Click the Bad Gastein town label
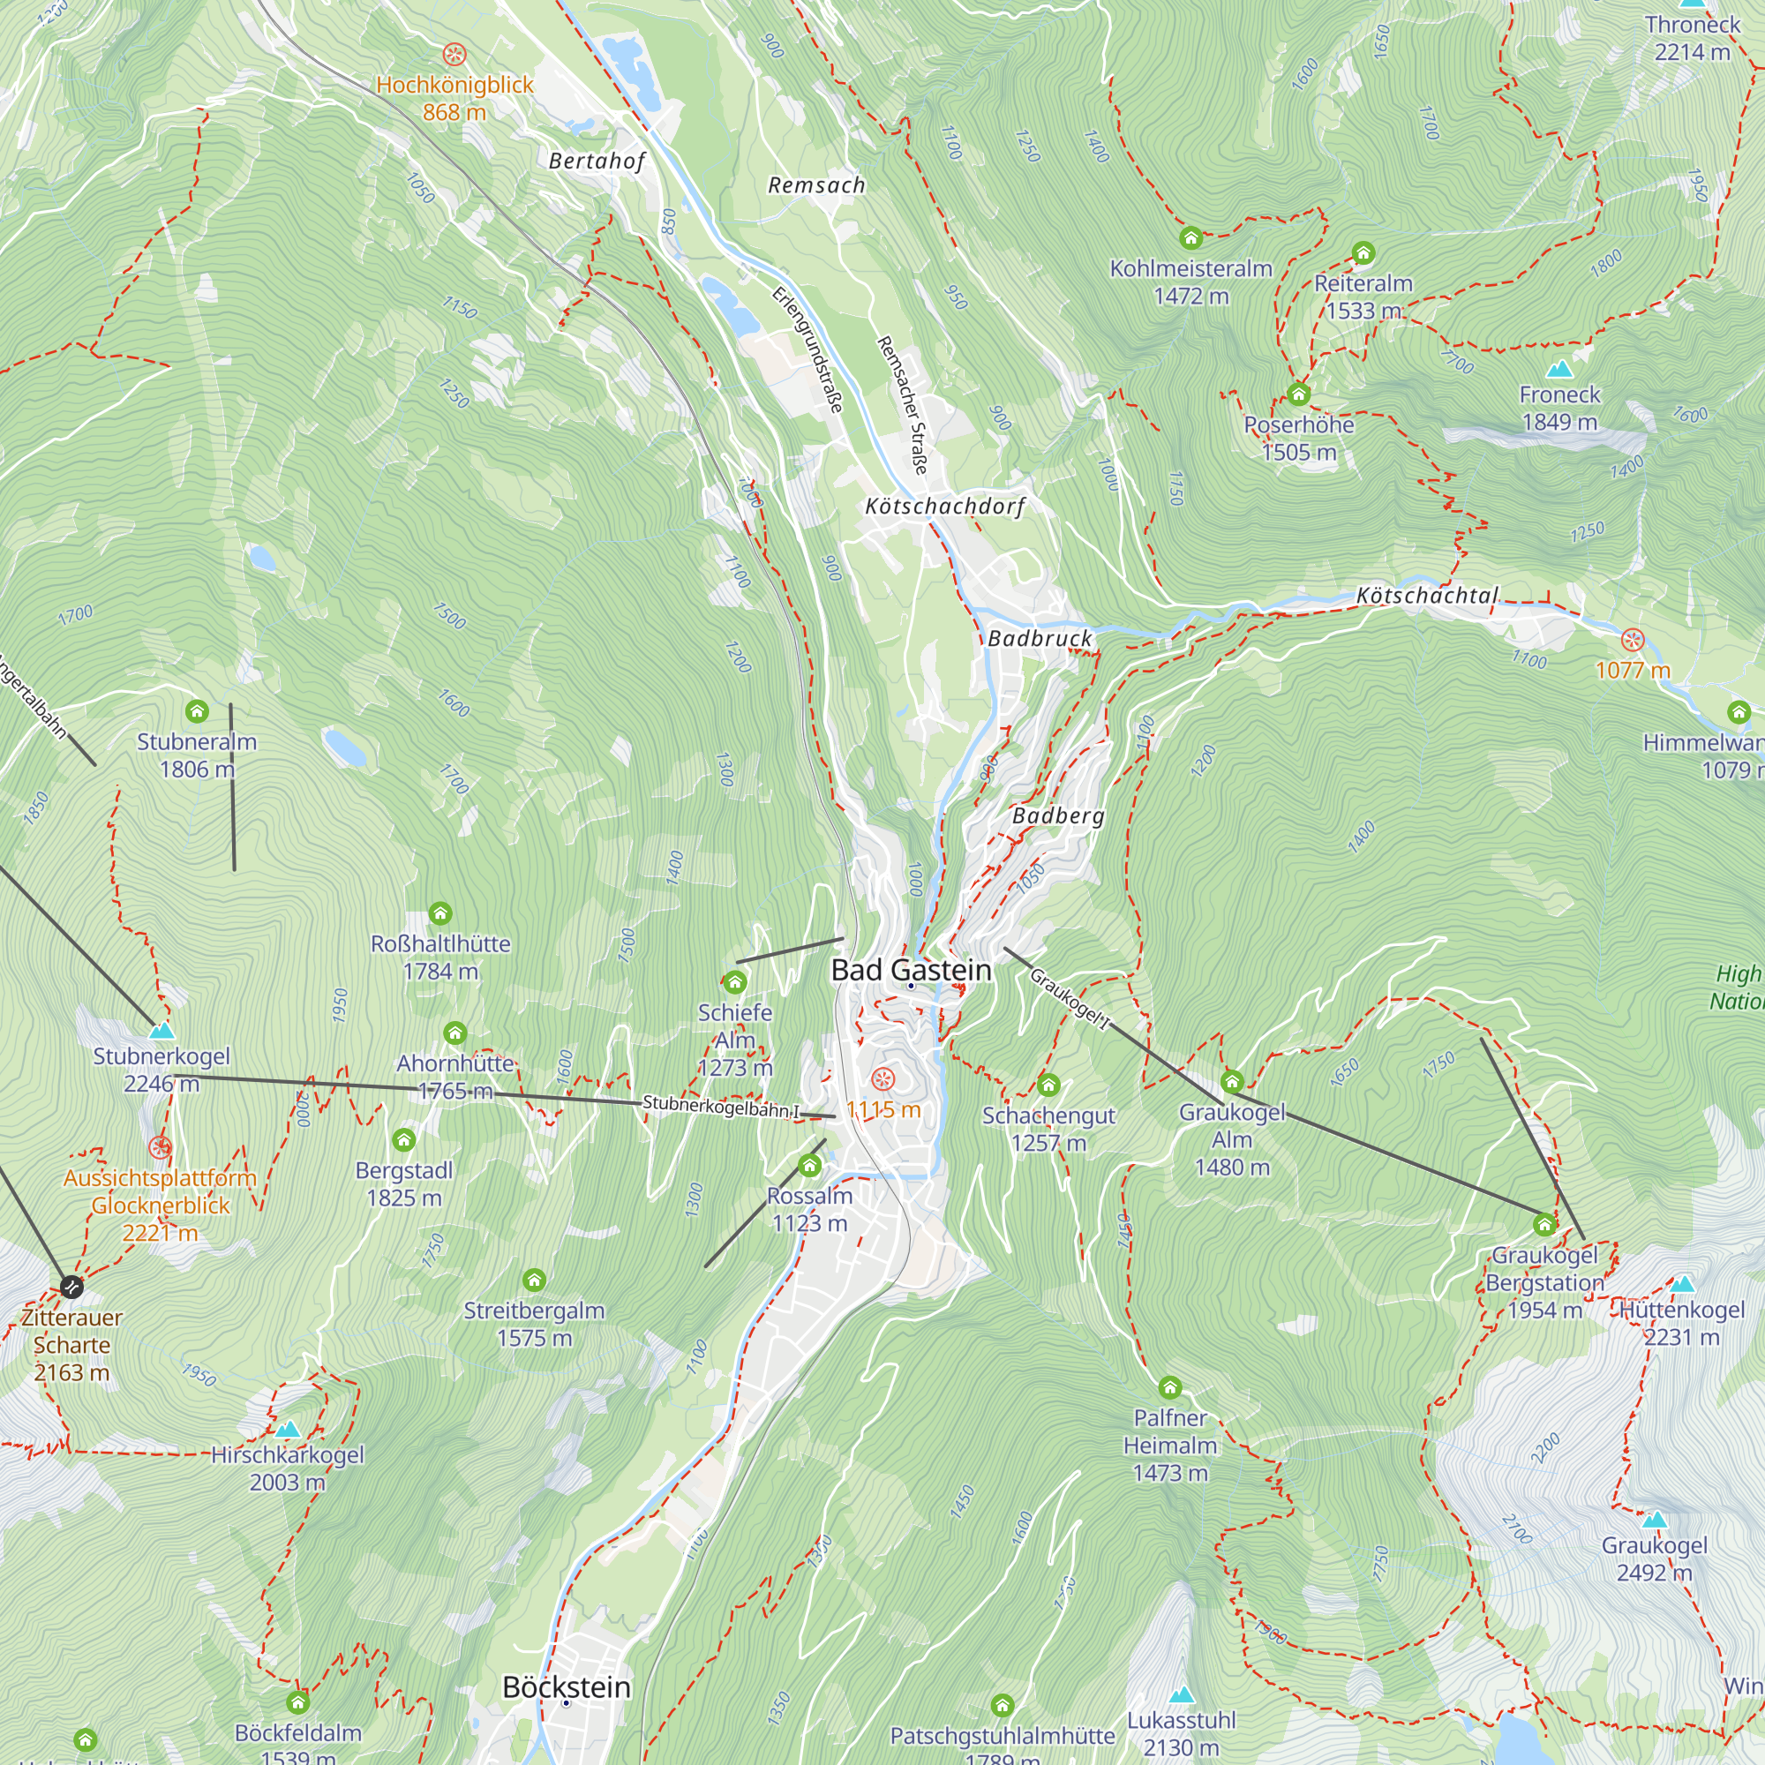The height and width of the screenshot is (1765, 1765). coord(911,970)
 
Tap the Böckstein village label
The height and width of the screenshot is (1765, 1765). coord(567,1686)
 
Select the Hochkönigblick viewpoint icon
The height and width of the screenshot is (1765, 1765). coord(454,54)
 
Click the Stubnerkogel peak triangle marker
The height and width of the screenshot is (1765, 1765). coord(161,1031)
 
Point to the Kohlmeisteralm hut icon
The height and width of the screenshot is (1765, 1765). coord(1190,238)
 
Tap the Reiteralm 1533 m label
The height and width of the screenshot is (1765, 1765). coord(1363,297)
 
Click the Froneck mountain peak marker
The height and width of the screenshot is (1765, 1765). coord(1558,369)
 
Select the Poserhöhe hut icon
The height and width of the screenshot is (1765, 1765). coord(1298,394)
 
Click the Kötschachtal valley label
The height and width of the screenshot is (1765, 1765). coord(1427,596)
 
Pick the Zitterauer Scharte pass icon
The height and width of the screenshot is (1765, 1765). coord(71,1288)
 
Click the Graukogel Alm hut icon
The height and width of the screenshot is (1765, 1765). coord(1231,1082)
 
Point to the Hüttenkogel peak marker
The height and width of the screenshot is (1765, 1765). coord(1682,1283)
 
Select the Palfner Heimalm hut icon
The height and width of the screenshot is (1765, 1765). coord(1169,1388)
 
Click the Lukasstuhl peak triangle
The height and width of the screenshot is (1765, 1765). coord(1182,1694)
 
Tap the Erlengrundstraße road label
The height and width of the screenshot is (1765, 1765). coord(807,349)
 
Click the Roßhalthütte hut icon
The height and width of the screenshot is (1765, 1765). coord(440,913)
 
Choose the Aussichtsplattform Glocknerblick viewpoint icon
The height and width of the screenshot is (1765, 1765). coord(160,1147)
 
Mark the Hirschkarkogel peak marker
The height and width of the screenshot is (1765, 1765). coord(288,1429)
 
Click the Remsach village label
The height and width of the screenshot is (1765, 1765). coord(815,185)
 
